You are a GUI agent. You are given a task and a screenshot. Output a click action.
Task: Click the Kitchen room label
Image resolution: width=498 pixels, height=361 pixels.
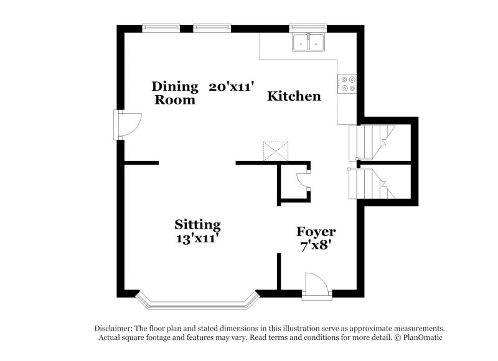(x=294, y=96)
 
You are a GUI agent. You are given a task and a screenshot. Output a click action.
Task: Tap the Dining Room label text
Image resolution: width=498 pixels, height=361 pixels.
(x=175, y=93)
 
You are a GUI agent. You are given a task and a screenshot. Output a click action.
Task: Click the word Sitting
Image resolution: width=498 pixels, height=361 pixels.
(x=197, y=224)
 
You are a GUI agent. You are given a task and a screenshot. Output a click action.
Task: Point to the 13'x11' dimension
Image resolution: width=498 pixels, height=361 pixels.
(x=197, y=237)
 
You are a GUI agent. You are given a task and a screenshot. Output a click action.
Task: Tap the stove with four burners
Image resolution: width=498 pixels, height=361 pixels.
(x=347, y=84)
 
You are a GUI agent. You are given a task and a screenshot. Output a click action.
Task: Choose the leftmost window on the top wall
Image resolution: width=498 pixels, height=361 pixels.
(x=161, y=28)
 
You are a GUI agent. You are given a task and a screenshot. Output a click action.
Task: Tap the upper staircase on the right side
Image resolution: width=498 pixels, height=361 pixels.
(x=372, y=142)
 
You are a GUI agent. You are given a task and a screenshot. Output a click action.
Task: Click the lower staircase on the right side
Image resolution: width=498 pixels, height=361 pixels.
(x=372, y=182)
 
